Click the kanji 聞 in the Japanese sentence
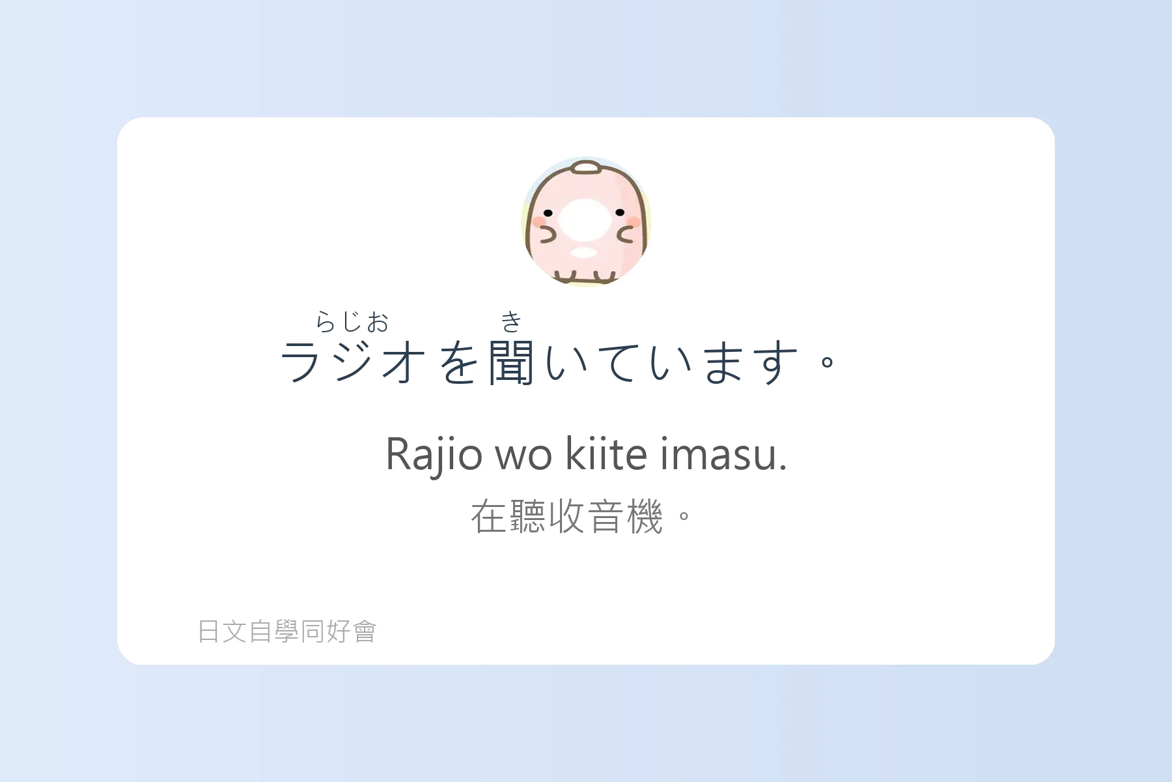(x=512, y=362)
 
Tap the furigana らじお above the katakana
(x=352, y=321)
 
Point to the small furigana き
(x=512, y=321)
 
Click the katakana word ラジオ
(x=352, y=362)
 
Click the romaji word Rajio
(x=434, y=454)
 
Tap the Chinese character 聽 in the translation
(x=528, y=517)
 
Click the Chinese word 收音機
(x=606, y=517)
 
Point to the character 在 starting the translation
(x=489, y=517)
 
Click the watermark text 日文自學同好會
(x=287, y=631)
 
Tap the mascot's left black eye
(x=548, y=213)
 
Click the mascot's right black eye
(x=620, y=212)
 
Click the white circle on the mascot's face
(x=585, y=220)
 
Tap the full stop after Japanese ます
(x=828, y=362)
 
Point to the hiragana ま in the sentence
(x=724, y=362)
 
